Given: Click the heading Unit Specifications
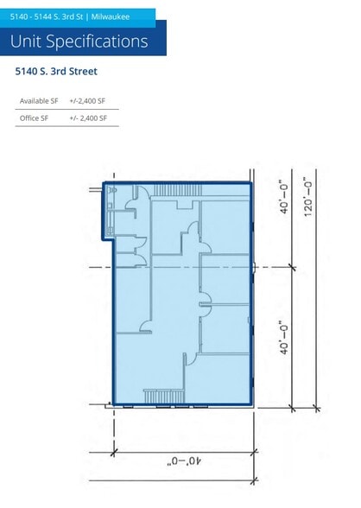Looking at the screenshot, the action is coord(79,41).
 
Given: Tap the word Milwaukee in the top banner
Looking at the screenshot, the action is coord(111,17).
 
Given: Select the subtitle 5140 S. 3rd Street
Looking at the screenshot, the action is coord(56,71).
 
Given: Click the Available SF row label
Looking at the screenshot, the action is coord(39,101).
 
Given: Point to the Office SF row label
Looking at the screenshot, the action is coord(34,118).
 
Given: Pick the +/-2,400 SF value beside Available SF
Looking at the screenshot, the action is coord(87,101).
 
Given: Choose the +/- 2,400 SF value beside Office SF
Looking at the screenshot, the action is coord(88,118).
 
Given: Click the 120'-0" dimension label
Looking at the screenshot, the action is coord(308,197).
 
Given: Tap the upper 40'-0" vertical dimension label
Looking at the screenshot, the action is coord(284,197).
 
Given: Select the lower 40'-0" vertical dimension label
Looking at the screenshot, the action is coord(284,338).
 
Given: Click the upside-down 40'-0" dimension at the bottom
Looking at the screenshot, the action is coord(184,460).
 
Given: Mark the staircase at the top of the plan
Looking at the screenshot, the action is coord(177,190).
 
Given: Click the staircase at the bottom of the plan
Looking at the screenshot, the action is coord(164,397).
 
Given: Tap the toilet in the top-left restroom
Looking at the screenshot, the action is coord(113,189).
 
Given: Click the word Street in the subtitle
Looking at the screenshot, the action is coord(83,71).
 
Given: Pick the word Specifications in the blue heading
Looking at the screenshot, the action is coord(97,41).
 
